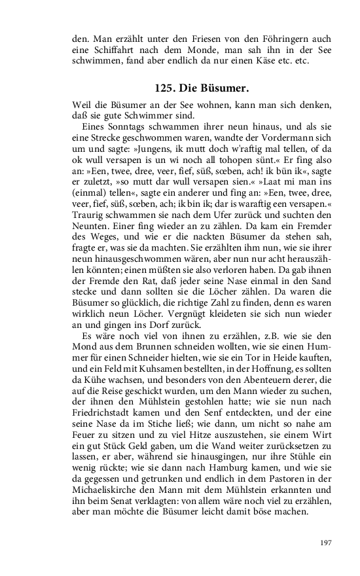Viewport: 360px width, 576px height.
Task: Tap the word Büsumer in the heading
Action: tap(225, 88)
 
